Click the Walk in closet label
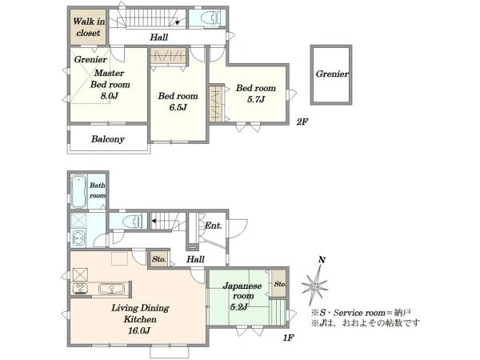(x=89, y=27)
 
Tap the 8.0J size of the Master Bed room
(x=110, y=96)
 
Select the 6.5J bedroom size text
(x=178, y=107)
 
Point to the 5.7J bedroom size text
(x=256, y=99)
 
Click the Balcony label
(x=108, y=139)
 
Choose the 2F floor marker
(x=302, y=122)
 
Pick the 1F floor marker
(x=288, y=338)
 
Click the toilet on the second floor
(x=210, y=18)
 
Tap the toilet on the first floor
(x=132, y=221)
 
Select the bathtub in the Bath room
(x=79, y=192)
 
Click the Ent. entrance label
(x=213, y=226)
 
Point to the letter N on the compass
(x=322, y=260)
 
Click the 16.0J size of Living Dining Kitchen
(x=139, y=330)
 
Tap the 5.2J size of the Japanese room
(x=239, y=306)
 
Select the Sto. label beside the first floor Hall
(x=159, y=259)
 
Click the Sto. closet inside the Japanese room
(x=279, y=283)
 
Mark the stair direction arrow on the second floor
(x=178, y=22)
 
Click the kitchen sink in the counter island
(x=112, y=289)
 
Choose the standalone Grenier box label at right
(x=332, y=74)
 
